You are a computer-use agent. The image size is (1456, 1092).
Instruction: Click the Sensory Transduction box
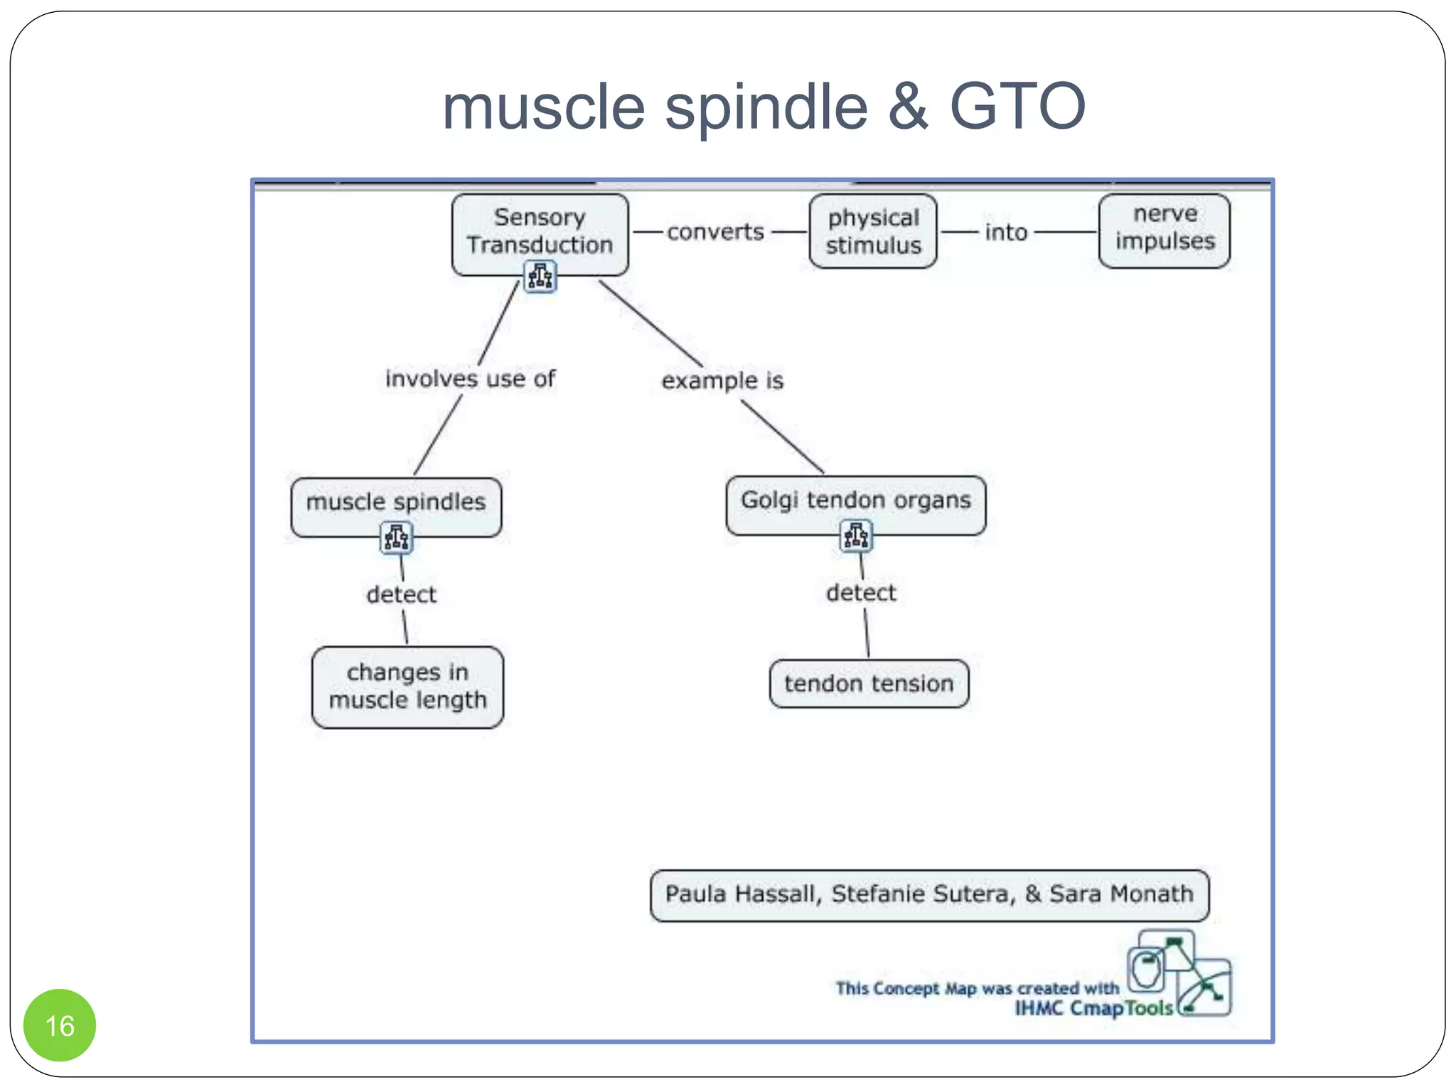click(540, 229)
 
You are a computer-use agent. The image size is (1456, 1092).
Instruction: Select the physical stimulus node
click(873, 231)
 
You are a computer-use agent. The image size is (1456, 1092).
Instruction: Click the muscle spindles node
click(396, 501)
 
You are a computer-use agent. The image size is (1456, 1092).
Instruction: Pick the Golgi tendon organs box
click(855, 500)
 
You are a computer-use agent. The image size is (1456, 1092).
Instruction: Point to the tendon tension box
click(869, 683)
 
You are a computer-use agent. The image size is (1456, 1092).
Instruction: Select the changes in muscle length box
click(407, 686)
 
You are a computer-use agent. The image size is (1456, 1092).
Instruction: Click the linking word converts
click(715, 232)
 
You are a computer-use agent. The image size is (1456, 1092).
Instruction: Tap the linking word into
click(1006, 232)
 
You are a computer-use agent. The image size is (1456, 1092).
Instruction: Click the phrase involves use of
click(470, 379)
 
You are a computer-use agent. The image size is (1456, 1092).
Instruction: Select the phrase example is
click(722, 381)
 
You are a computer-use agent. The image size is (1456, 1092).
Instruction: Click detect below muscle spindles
click(402, 594)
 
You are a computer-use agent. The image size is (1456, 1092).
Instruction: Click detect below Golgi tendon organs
click(861, 593)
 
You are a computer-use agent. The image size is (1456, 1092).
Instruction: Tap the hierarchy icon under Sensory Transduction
click(540, 277)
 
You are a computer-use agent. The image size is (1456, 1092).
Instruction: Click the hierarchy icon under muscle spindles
click(397, 538)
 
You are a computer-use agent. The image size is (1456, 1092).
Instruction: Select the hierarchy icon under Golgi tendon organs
click(856, 536)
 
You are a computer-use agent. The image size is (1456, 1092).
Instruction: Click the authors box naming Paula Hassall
click(929, 894)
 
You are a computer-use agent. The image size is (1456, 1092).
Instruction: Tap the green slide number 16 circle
click(60, 1025)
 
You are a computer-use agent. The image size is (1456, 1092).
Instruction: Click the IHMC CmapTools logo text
click(1093, 1008)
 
